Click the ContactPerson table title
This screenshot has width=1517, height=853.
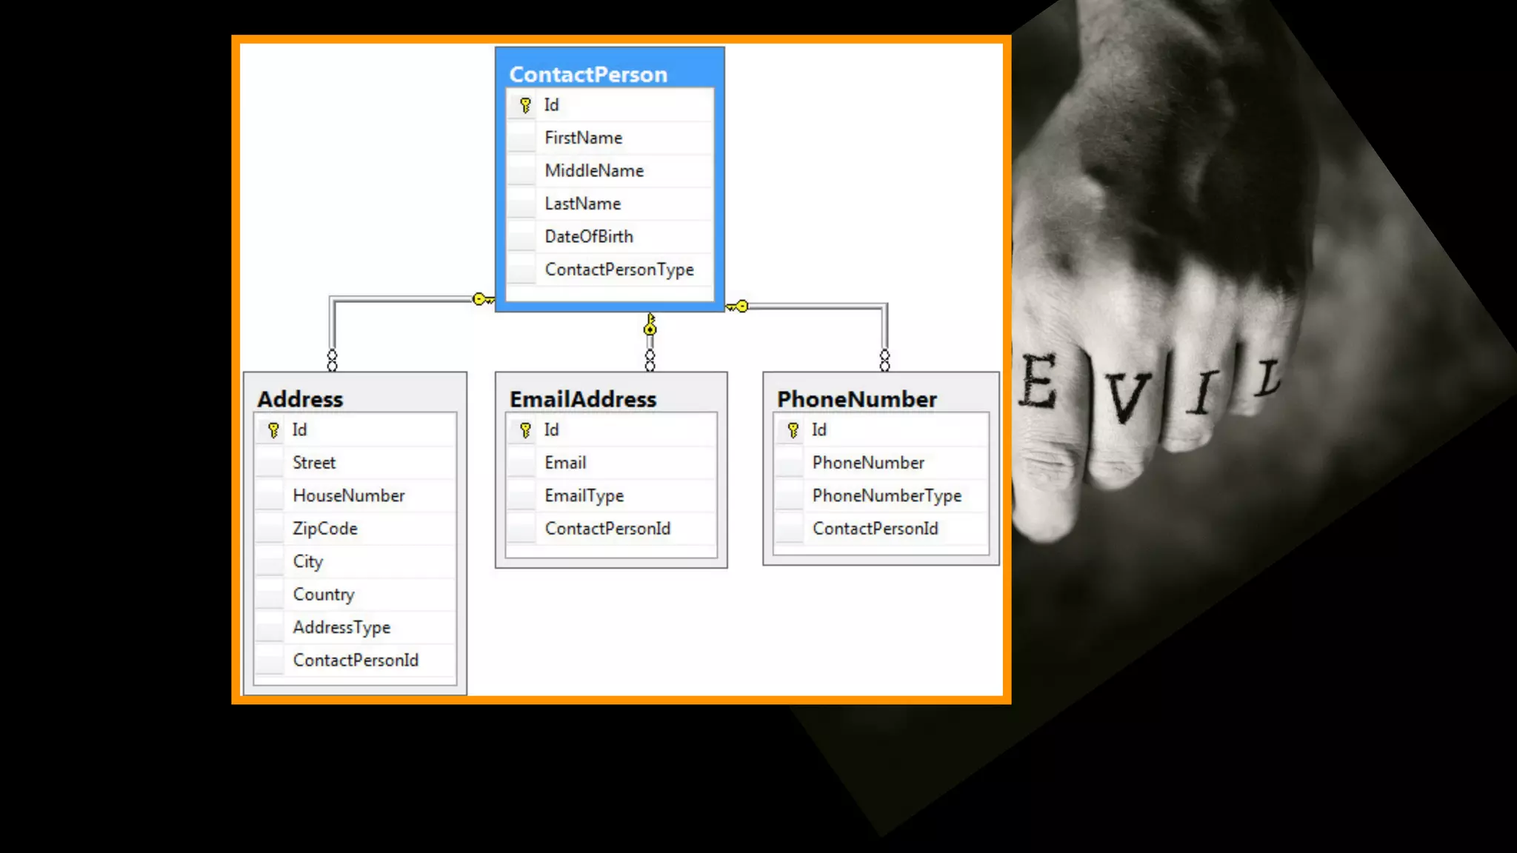(588, 74)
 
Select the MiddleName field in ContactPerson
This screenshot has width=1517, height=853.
(594, 171)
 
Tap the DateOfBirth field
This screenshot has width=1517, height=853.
(589, 237)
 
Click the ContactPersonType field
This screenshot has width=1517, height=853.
(619, 270)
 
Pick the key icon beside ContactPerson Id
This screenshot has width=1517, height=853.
(525, 105)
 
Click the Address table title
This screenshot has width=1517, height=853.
(300, 399)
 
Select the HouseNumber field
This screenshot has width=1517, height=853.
(348, 495)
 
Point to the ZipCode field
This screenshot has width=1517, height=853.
(324, 529)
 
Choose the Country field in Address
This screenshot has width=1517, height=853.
(324, 595)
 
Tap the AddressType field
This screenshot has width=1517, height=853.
(341, 627)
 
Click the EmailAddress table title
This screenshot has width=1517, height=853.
(583, 399)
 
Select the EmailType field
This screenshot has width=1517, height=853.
(584, 495)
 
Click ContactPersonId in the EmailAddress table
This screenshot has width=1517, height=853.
(607, 529)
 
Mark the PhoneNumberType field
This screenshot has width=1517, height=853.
(887, 495)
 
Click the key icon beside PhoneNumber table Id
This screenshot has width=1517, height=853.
(793, 430)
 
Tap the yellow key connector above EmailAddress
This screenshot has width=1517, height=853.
(650, 325)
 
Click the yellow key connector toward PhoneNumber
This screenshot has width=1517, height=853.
(738, 306)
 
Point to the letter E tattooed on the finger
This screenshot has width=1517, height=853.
(1038, 381)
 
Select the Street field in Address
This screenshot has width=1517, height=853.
(314, 463)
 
